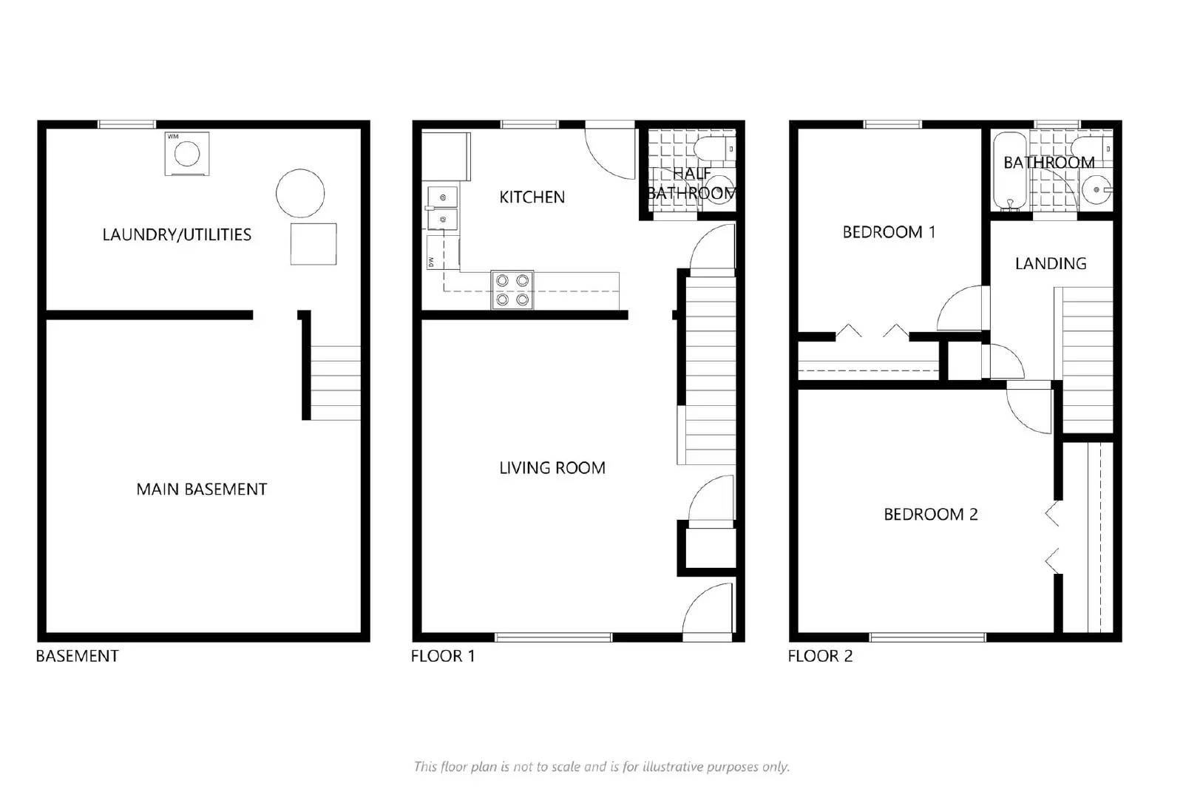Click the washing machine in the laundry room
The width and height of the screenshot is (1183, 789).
(x=186, y=154)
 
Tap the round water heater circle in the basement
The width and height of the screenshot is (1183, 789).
(x=300, y=193)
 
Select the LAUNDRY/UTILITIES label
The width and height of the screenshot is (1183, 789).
(x=177, y=234)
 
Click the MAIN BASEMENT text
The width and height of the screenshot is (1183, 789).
(x=201, y=489)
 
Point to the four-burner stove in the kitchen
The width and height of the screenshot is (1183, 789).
(x=512, y=290)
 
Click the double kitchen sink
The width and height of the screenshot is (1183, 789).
(x=442, y=208)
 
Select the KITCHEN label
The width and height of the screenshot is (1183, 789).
(x=532, y=197)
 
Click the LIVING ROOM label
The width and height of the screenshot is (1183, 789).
(x=552, y=467)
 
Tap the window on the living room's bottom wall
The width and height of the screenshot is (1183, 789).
(x=553, y=637)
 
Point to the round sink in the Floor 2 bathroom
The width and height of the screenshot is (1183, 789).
(x=1095, y=190)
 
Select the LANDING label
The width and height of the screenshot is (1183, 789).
(x=1050, y=263)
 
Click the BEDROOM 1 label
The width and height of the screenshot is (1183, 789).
(x=889, y=232)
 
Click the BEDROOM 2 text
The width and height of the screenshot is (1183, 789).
(x=930, y=514)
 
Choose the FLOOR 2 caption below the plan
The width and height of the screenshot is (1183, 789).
(x=819, y=656)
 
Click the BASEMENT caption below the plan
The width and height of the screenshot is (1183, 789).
(x=77, y=656)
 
